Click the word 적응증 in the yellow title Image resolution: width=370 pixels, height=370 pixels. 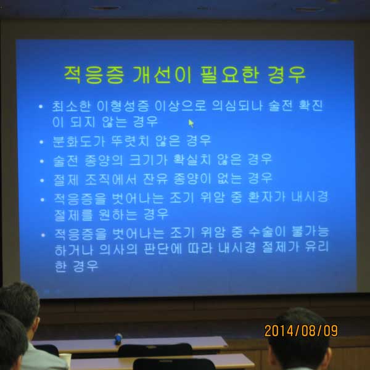[x=94, y=75]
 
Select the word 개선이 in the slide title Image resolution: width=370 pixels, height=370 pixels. [x=162, y=75]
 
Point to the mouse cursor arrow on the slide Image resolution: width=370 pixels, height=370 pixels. [x=191, y=123]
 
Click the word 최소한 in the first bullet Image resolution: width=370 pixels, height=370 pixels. [x=72, y=106]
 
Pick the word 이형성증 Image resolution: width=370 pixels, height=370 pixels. [x=123, y=106]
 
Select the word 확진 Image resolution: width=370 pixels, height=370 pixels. [x=311, y=105]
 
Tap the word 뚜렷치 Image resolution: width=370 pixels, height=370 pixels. [x=131, y=141]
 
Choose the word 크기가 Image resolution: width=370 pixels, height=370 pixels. [x=148, y=160]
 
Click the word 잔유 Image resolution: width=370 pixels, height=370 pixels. [x=155, y=179]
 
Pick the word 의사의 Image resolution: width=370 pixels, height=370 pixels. [x=118, y=249]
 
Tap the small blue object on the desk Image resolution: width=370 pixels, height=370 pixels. [x=118, y=339]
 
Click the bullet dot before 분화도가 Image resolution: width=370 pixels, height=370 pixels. [x=41, y=142]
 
